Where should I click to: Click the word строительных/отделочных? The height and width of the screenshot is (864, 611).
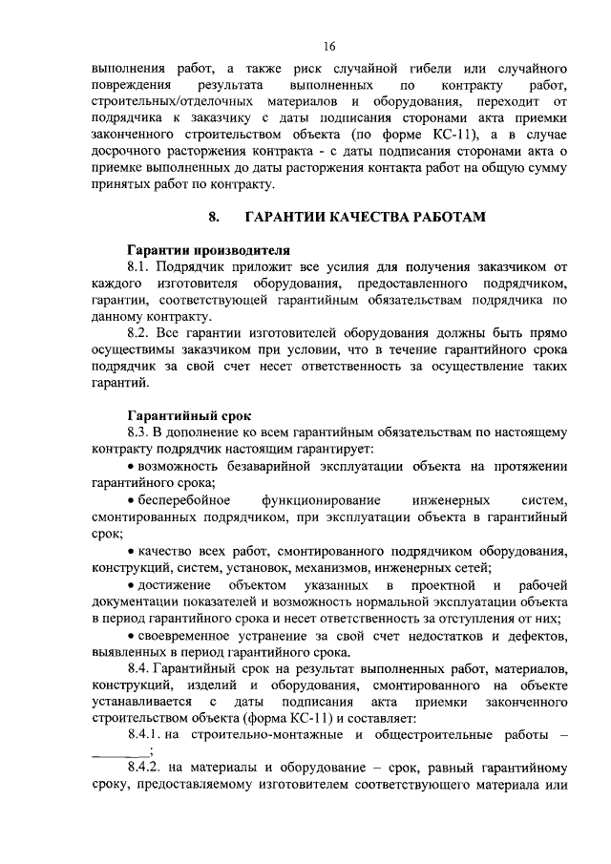[172, 100]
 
